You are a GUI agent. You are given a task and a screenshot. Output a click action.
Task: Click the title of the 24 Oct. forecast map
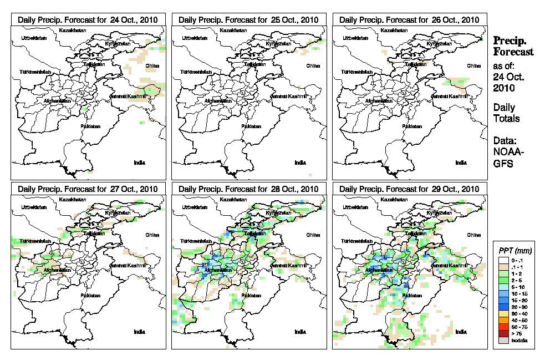coord(88,20)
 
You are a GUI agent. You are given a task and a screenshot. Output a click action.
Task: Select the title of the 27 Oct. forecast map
coord(88,189)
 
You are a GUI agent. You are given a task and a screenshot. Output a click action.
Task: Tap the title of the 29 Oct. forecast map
coord(409,189)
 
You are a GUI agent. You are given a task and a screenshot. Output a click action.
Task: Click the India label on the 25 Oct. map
coord(300,163)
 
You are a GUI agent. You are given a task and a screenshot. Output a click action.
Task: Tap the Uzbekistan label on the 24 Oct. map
coord(32,38)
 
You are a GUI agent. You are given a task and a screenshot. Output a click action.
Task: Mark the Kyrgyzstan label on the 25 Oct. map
coord(278,43)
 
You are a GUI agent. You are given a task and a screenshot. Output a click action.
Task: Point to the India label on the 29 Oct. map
coord(461,331)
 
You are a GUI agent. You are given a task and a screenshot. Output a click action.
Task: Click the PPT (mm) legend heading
coord(515,250)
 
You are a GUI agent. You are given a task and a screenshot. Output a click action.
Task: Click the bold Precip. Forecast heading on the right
coord(513,46)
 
